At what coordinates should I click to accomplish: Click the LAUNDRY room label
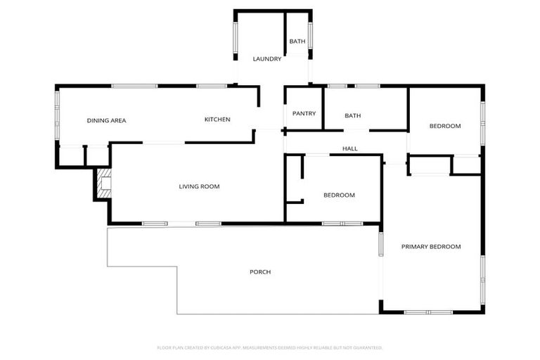pos(267,59)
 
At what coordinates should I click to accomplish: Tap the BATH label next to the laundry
pos(297,41)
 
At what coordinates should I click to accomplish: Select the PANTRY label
pos(304,114)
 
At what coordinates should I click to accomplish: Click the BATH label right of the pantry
pos(352,115)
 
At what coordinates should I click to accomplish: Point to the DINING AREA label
pos(106,120)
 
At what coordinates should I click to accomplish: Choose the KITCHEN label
pos(217,120)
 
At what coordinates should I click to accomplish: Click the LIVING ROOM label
pos(199,186)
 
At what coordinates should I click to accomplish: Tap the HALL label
pos(350,149)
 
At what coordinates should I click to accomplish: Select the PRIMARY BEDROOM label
pos(431,247)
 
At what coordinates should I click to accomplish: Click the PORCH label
pos(260,272)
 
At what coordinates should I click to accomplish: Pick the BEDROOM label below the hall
pos(339,195)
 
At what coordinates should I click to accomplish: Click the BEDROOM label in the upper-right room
pos(445,127)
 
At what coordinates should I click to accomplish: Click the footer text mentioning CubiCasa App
pos(269,347)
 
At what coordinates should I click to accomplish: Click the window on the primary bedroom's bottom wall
pos(428,311)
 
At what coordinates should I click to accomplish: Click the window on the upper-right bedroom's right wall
pos(483,120)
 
